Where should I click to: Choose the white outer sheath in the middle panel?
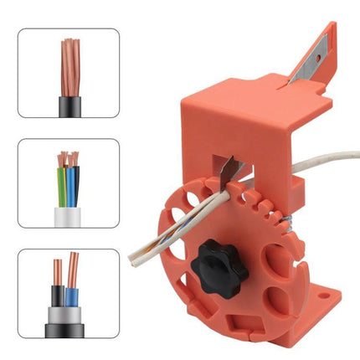click(x=68, y=216)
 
